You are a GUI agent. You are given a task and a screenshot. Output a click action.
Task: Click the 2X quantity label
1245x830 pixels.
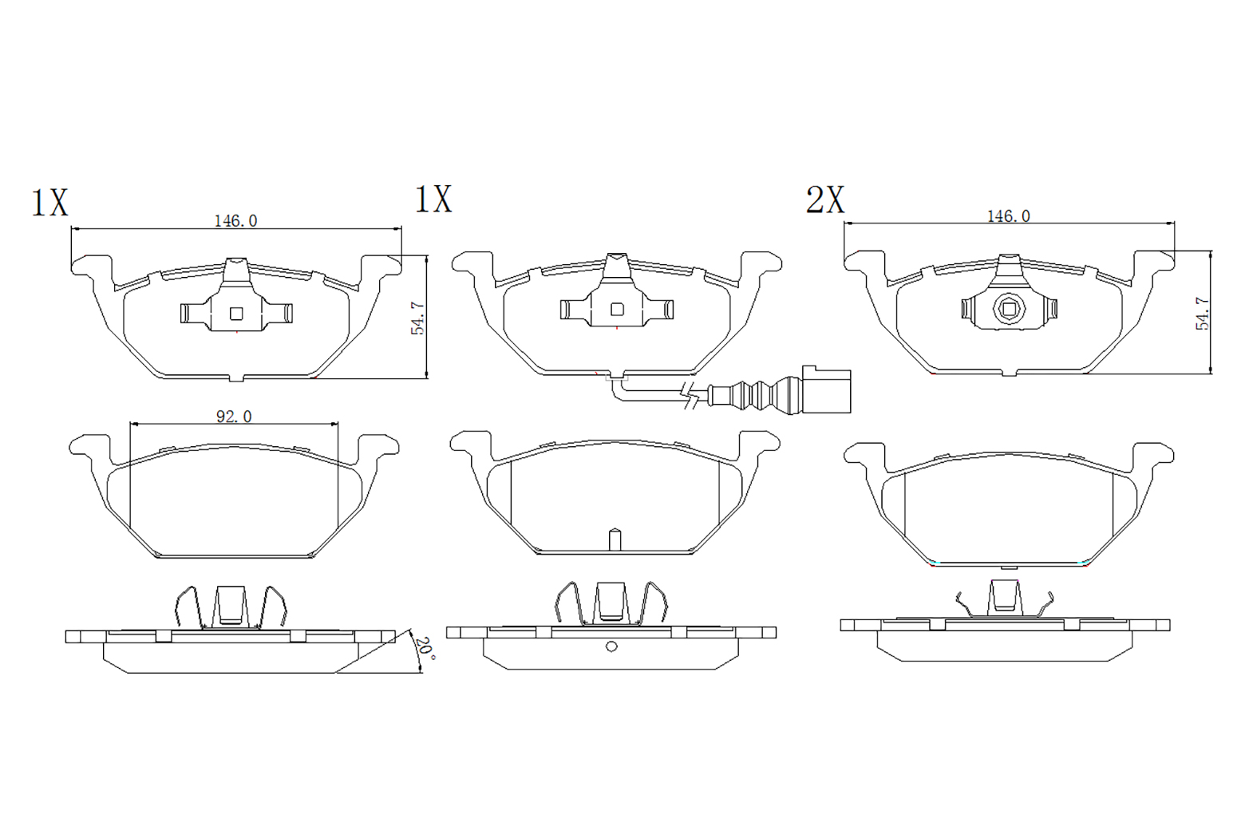pos(825,200)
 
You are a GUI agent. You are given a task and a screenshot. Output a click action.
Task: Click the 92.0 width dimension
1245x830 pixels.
pos(234,417)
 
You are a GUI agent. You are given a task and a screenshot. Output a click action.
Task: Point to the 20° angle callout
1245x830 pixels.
pos(427,650)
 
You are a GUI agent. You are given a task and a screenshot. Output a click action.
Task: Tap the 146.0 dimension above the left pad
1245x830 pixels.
pos(235,221)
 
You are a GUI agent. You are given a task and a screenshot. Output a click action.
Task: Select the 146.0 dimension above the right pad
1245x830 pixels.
pos(1009,216)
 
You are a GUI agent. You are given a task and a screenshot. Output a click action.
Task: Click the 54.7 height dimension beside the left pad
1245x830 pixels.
pos(418,318)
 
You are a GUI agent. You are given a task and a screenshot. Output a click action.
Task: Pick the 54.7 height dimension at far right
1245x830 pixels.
pos(1202,314)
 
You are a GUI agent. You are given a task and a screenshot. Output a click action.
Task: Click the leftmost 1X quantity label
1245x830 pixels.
pos(50,203)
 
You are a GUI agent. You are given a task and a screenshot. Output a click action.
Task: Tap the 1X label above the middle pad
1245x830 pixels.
pos(433,199)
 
